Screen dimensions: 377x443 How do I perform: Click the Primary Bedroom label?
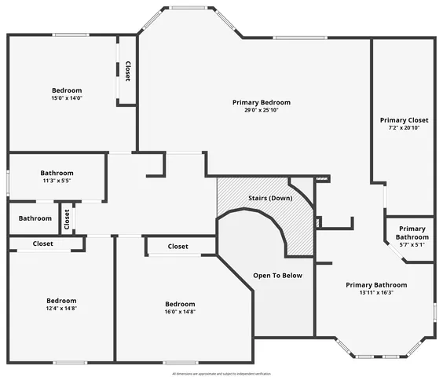point(262,102)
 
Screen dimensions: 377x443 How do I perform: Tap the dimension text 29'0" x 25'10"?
point(262,111)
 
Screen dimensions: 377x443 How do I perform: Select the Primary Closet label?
point(404,120)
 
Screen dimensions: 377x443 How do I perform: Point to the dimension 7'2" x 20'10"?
point(404,128)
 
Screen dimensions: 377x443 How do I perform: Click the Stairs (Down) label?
point(269,198)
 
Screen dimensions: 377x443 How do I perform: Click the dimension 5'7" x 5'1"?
point(412,245)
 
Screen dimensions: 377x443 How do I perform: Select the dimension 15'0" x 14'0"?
point(67,98)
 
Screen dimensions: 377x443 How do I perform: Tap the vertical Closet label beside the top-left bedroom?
point(127,71)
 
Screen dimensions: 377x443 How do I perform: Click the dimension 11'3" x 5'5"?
point(57,181)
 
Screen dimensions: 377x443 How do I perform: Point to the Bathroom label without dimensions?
point(35,218)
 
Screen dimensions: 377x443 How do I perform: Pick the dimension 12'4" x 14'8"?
point(60,309)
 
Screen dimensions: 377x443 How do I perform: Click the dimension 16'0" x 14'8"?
point(180,312)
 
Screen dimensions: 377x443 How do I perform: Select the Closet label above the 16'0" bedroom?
point(178,247)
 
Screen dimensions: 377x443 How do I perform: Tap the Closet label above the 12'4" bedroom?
point(43,244)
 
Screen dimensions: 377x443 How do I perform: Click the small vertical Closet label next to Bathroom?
point(67,218)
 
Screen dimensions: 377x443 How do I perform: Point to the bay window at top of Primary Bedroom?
point(189,9)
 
